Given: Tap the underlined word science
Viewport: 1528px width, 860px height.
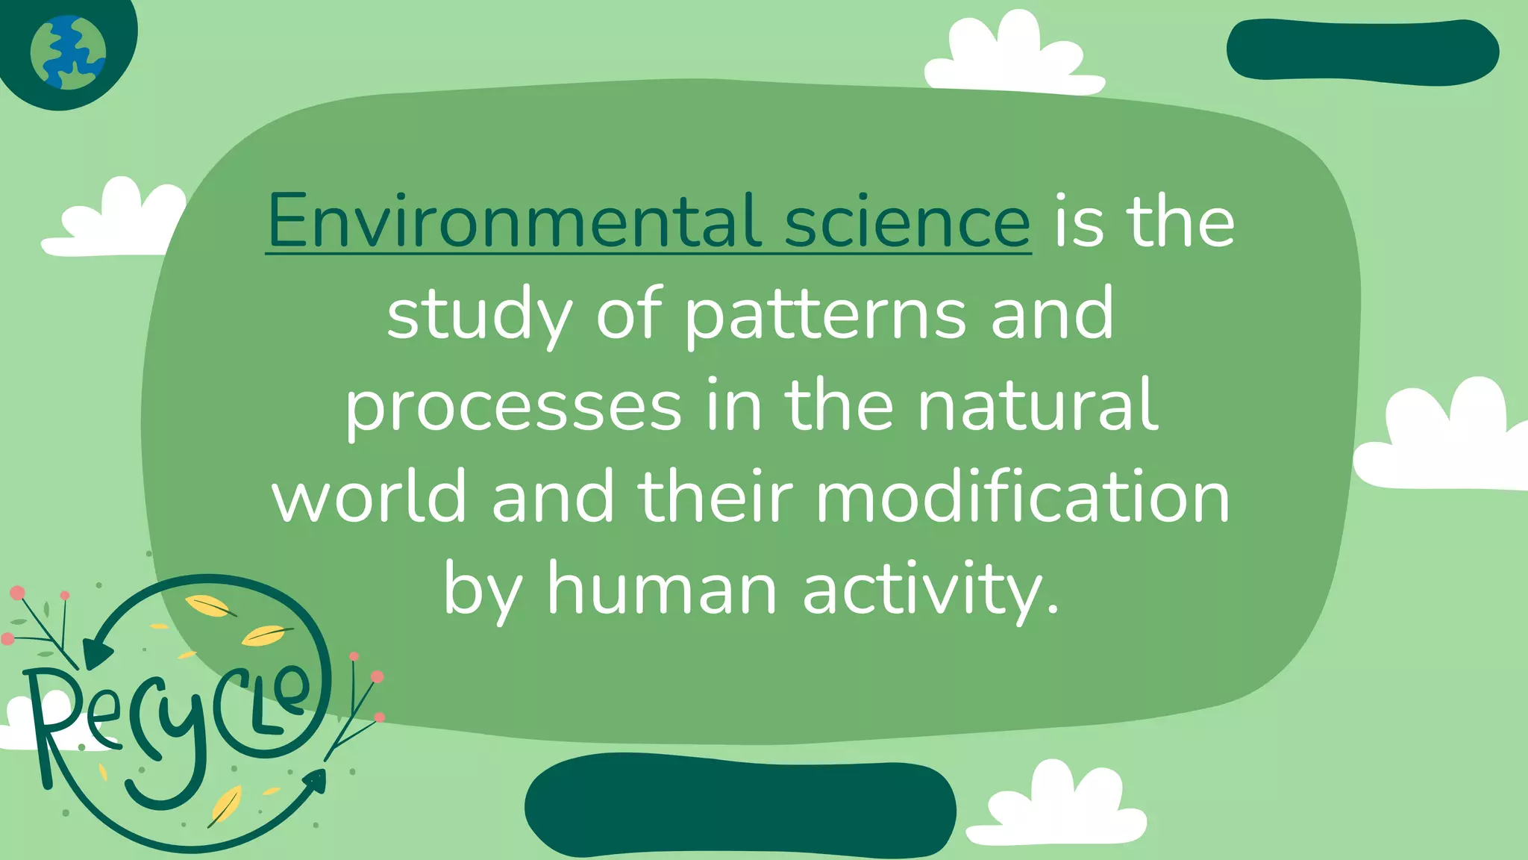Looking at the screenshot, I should coord(907,221).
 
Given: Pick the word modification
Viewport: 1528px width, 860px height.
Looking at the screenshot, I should coord(1023,497).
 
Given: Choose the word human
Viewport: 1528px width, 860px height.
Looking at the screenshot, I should coord(663,590).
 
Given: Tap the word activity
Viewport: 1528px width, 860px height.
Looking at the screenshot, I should coord(931,590).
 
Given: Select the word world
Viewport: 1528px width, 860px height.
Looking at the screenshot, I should coord(369,497).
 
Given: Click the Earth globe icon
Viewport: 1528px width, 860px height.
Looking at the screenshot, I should coord(68,53).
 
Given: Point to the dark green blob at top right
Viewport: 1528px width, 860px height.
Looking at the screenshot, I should coord(1362,51).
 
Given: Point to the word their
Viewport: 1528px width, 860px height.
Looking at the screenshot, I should coord(715,497).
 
